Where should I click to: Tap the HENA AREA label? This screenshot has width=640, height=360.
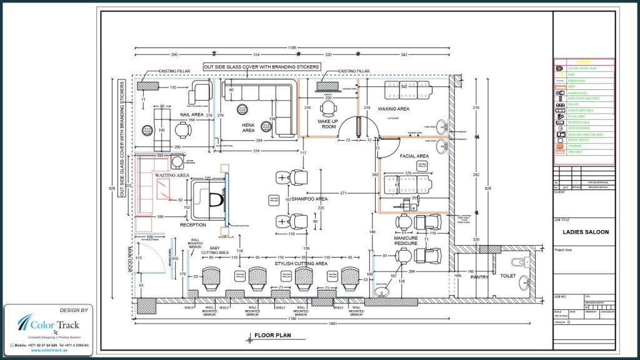pyautogui.click(x=248, y=127)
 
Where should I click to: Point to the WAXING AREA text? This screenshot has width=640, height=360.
pyautogui.click(x=393, y=109)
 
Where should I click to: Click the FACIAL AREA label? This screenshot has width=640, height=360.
pyautogui.click(x=414, y=156)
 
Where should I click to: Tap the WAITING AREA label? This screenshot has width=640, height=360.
pyautogui.click(x=172, y=176)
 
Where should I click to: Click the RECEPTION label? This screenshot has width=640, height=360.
pyautogui.click(x=193, y=224)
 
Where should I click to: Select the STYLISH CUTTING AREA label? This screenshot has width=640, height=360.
pyautogui.click(x=301, y=264)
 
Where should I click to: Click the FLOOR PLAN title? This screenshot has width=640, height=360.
pyautogui.click(x=271, y=336)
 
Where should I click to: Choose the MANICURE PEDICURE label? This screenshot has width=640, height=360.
pyautogui.click(x=406, y=242)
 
